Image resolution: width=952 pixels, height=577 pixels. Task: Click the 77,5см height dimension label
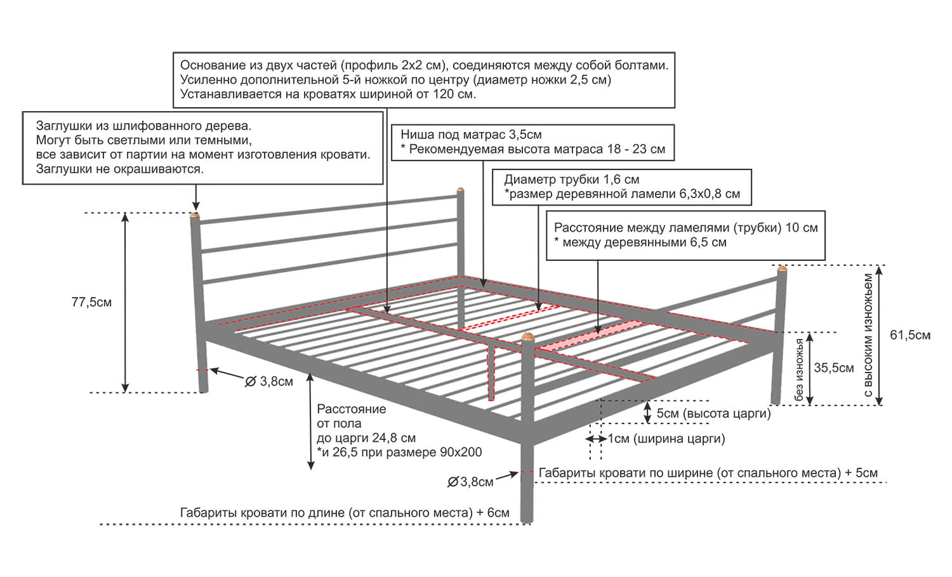click(91, 302)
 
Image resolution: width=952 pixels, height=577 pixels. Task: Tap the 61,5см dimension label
click(910, 335)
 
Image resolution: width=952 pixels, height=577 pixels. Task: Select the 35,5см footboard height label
click(833, 368)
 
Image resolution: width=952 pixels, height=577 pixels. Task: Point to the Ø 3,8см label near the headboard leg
click(269, 381)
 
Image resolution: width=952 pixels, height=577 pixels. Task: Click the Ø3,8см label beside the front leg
click(470, 482)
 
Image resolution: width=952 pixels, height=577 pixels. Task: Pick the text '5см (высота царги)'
click(713, 413)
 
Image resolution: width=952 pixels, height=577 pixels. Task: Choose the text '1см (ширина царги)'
click(666, 439)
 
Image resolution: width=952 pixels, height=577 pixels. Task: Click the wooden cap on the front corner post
click(527, 337)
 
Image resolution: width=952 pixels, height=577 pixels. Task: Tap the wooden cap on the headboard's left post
click(194, 215)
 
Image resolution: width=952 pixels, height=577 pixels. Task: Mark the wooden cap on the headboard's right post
click(460, 190)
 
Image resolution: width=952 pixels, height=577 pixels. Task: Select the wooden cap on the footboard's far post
click(781, 269)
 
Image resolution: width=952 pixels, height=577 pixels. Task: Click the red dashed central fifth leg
click(491, 373)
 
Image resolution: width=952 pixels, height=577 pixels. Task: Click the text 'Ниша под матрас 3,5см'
click(471, 135)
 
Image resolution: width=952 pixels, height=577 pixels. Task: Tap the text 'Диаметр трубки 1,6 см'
click(572, 180)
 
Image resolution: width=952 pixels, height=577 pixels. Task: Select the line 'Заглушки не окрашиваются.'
click(120, 169)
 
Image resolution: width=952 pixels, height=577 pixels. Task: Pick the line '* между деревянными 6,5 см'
click(640, 242)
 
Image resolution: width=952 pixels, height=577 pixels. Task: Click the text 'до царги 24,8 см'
click(366, 438)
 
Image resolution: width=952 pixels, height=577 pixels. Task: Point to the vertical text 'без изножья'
click(799, 369)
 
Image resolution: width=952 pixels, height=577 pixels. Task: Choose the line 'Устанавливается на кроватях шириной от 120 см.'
click(328, 94)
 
